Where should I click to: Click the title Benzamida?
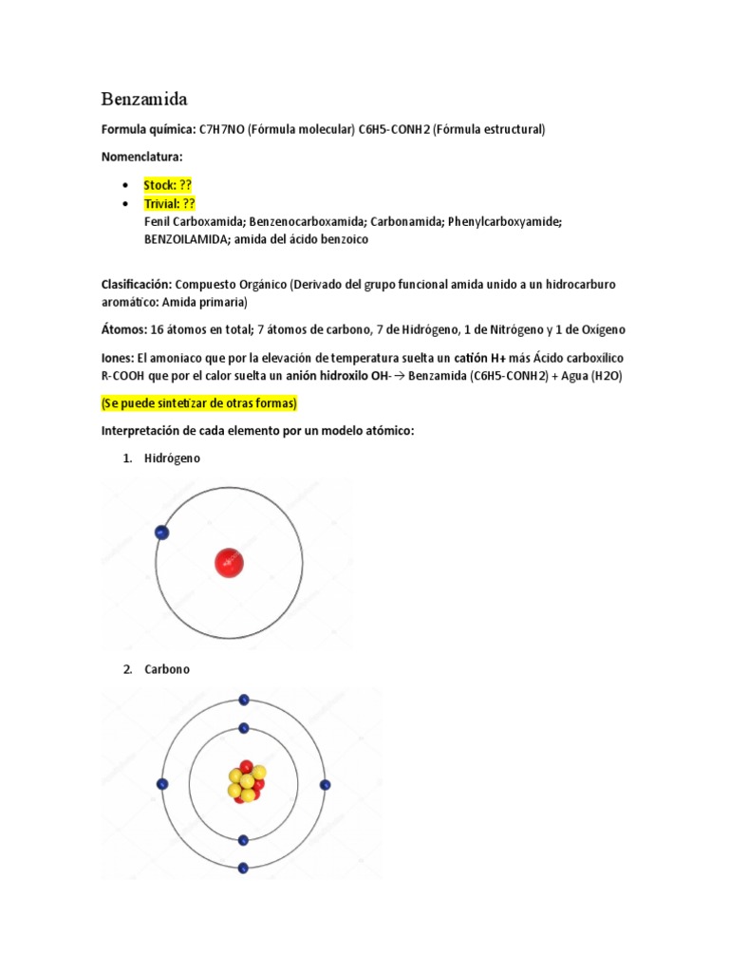144,99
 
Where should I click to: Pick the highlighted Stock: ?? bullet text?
168,185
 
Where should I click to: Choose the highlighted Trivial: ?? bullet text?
169,203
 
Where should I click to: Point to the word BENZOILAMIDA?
188,240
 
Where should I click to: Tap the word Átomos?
123,329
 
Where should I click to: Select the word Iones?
118,358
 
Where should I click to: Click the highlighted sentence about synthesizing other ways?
199,403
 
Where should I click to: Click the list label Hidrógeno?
172,458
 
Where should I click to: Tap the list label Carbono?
167,669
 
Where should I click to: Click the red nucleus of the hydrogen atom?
229,563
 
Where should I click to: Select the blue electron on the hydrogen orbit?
161,533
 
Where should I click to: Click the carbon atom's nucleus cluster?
246,782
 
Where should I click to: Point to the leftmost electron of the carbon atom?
162,784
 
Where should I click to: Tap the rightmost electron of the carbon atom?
326,784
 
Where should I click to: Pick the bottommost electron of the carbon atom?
244,868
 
